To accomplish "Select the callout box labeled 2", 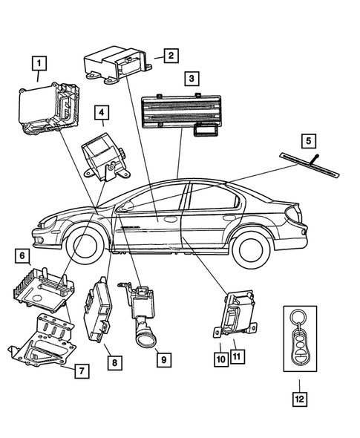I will (170, 55).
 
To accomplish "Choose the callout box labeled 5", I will (309, 140).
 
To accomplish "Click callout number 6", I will (23, 257).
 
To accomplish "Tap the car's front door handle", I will (170, 219).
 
